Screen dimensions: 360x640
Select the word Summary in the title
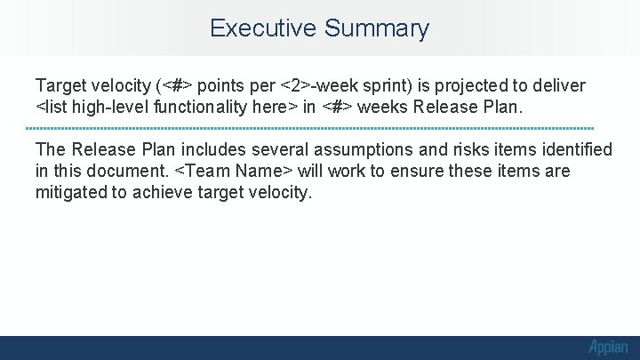coord(377,28)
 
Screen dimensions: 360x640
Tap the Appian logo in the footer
coord(607,348)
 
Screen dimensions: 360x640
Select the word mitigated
coord(73,192)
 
